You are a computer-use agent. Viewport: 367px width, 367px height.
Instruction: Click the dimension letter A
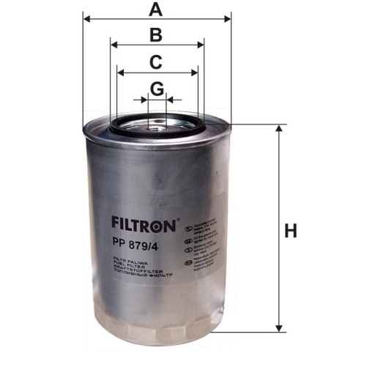coord(155,10)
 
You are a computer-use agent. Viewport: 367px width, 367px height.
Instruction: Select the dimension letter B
coord(155,34)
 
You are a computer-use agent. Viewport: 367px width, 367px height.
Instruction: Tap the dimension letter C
coord(155,62)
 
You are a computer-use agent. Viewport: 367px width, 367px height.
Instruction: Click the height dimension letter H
coord(291,231)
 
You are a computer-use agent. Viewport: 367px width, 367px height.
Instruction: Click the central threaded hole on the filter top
coord(156,128)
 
